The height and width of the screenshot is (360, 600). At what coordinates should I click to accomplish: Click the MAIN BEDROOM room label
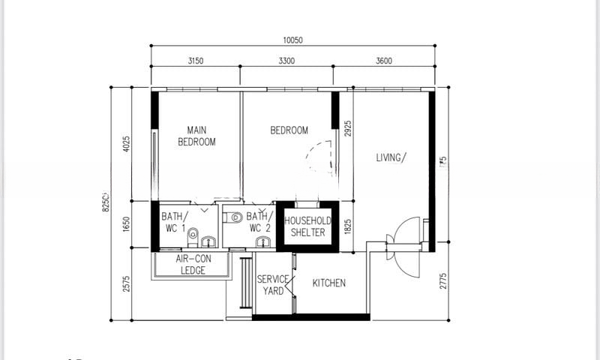(x=196, y=136)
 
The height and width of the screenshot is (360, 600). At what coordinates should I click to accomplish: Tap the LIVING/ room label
(x=391, y=157)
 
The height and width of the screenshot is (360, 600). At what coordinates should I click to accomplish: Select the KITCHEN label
(x=329, y=283)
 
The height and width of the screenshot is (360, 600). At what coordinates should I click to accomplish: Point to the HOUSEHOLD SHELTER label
(x=307, y=226)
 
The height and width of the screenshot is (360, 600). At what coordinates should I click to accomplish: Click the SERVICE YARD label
(x=273, y=284)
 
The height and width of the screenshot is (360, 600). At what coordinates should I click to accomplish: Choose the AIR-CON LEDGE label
(x=192, y=264)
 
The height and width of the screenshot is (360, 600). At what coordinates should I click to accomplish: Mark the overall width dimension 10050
(x=293, y=41)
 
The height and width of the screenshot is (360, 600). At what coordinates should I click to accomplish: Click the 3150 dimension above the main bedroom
(x=196, y=61)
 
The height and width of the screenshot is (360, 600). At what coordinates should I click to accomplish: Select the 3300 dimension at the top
(x=287, y=61)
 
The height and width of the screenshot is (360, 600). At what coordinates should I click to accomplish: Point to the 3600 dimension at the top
(x=384, y=61)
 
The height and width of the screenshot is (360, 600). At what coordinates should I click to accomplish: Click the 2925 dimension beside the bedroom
(x=347, y=128)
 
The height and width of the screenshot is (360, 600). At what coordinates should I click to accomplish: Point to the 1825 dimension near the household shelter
(x=347, y=226)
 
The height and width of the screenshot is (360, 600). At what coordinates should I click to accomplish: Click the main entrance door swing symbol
(x=405, y=239)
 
